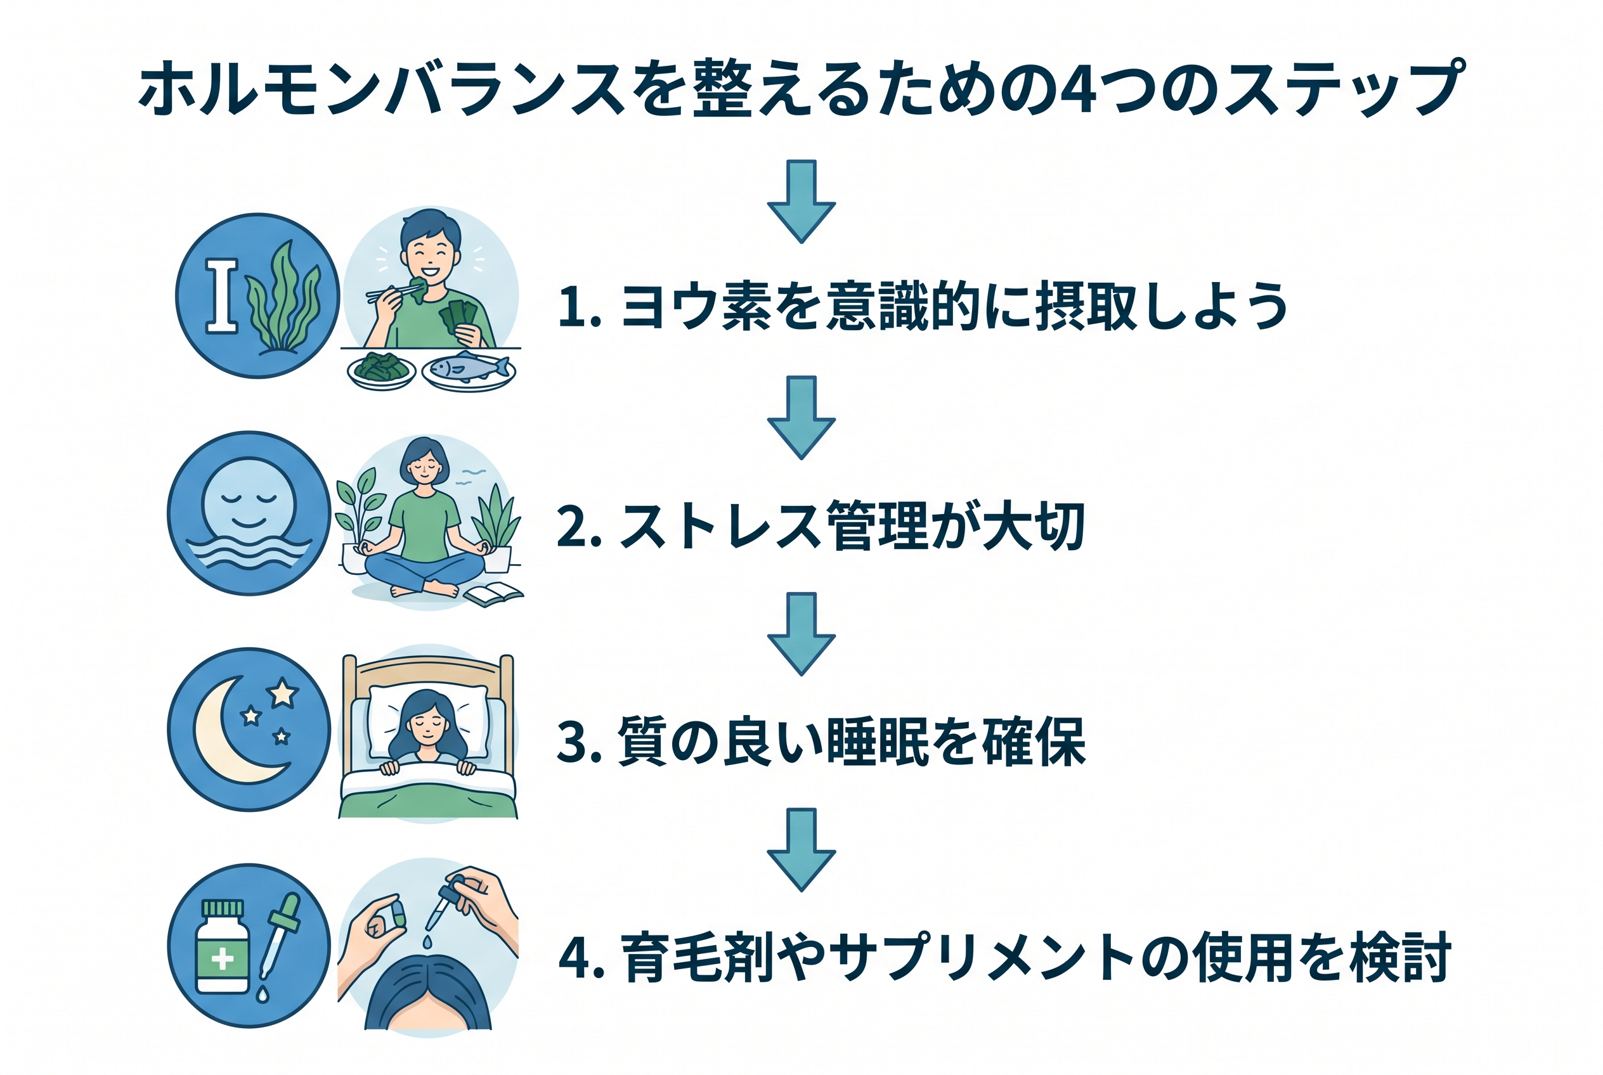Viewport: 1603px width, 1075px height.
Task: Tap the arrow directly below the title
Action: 801,202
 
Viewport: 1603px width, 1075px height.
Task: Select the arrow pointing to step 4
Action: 801,850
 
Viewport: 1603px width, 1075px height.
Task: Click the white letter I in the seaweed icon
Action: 221,296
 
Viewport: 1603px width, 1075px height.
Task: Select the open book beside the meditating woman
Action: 493,593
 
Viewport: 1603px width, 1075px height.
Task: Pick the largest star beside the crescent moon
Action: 282,693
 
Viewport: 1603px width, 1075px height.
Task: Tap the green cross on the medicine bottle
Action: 222,958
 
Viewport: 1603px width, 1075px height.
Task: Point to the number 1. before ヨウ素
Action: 580,306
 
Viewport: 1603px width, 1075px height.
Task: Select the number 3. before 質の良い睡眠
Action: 580,742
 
